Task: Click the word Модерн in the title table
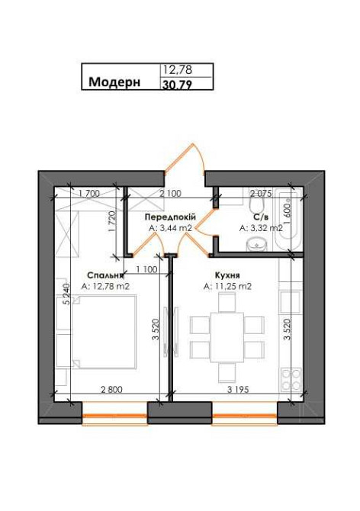(x=114, y=82)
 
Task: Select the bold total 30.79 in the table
(x=176, y=85)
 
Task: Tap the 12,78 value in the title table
(x=176, y=70)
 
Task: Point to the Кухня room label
(x=228, y=275)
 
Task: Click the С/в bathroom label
(x=261, y=217)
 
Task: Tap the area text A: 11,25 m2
(x=228, y=287)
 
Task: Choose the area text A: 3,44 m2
(x=170, y=227)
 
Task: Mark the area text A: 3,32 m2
(x=261, y=227)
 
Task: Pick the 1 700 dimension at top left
(x=88, y=194)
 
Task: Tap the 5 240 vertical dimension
(x=68, y=294)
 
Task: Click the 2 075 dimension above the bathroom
(x=262, y=194)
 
